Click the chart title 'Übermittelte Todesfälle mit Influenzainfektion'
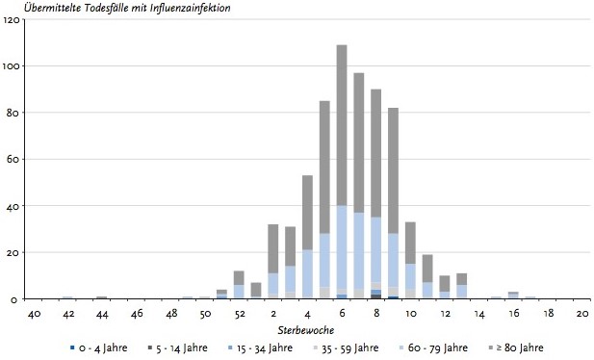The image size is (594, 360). coord(127,7)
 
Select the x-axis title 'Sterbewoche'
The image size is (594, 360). coord(306,330)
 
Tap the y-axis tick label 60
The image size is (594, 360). coord(13,159)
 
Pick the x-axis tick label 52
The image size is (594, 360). coord(240,314)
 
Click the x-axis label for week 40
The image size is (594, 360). coord(34,314)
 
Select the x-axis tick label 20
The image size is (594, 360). coord(582,314)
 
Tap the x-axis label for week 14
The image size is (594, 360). coord(479,314)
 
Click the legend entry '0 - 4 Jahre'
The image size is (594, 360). coord(99,347)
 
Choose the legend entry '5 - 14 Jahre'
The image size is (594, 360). coord(178,347)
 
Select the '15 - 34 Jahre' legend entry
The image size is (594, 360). coord(260,347)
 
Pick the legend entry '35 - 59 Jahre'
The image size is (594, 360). coord(347,347)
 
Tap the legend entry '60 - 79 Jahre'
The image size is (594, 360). coord(434,347)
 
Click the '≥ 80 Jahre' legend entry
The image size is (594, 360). coord(516,347)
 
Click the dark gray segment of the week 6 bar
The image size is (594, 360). coord(342,125)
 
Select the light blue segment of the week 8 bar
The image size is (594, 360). coord(376,249)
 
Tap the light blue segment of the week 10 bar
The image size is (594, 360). coord(411,276)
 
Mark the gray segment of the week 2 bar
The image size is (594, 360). coord(273,249)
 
